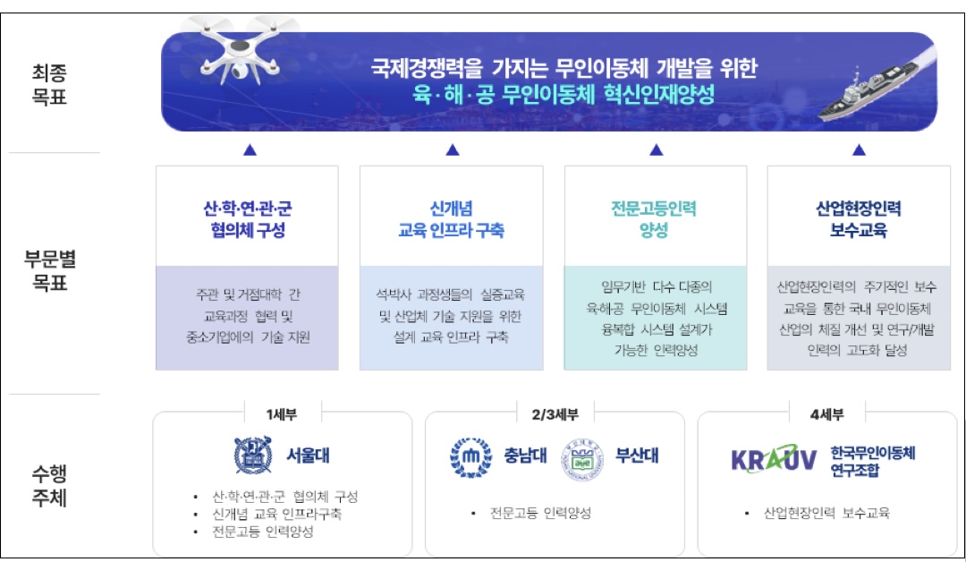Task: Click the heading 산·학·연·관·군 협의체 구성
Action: tap(247, 219)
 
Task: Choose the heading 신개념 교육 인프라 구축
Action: tap(451, 219)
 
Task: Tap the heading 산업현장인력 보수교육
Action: tap(858, 219)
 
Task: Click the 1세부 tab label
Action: tap(282, 413)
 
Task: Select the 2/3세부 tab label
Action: tap(555, 413)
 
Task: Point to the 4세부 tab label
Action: tap(827, 413)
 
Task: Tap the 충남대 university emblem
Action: tap(470, 455)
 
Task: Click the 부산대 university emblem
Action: tap(583, 455)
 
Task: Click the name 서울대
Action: tap(309, 455)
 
